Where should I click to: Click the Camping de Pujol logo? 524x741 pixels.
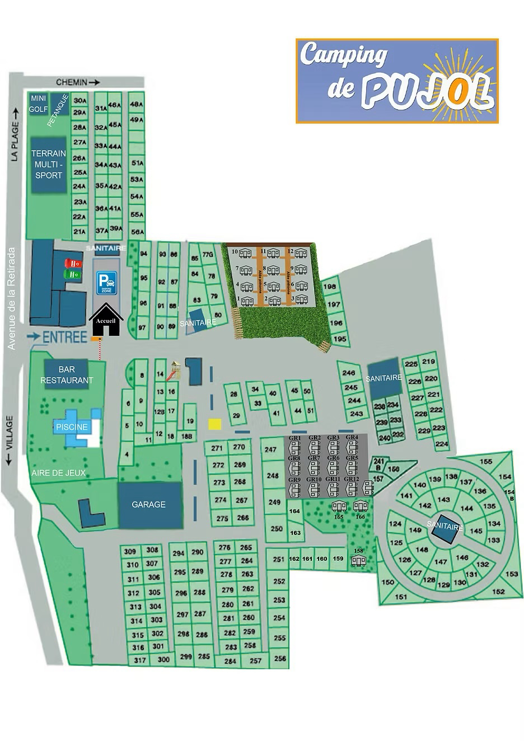(396, 81)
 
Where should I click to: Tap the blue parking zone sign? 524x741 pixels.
(106, 283)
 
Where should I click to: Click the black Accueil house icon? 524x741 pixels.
(106, 321)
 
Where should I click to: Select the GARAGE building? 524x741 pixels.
(149, 505)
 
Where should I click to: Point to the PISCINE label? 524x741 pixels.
(72, 427)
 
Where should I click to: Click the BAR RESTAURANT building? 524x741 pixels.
(67, 375)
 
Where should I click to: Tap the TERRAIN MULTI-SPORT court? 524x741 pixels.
(49, 165)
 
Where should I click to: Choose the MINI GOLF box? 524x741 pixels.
(38, 104)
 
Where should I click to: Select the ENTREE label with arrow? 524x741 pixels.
(57, 336)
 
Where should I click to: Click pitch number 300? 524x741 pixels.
(163, 659)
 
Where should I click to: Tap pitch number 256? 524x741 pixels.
(280, 658)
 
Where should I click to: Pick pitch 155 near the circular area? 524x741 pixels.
(486, 462)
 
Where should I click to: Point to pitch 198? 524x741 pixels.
(330, 287)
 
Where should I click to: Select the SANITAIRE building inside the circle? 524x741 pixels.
(445, 527)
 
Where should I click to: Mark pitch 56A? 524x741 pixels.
(137, 232)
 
